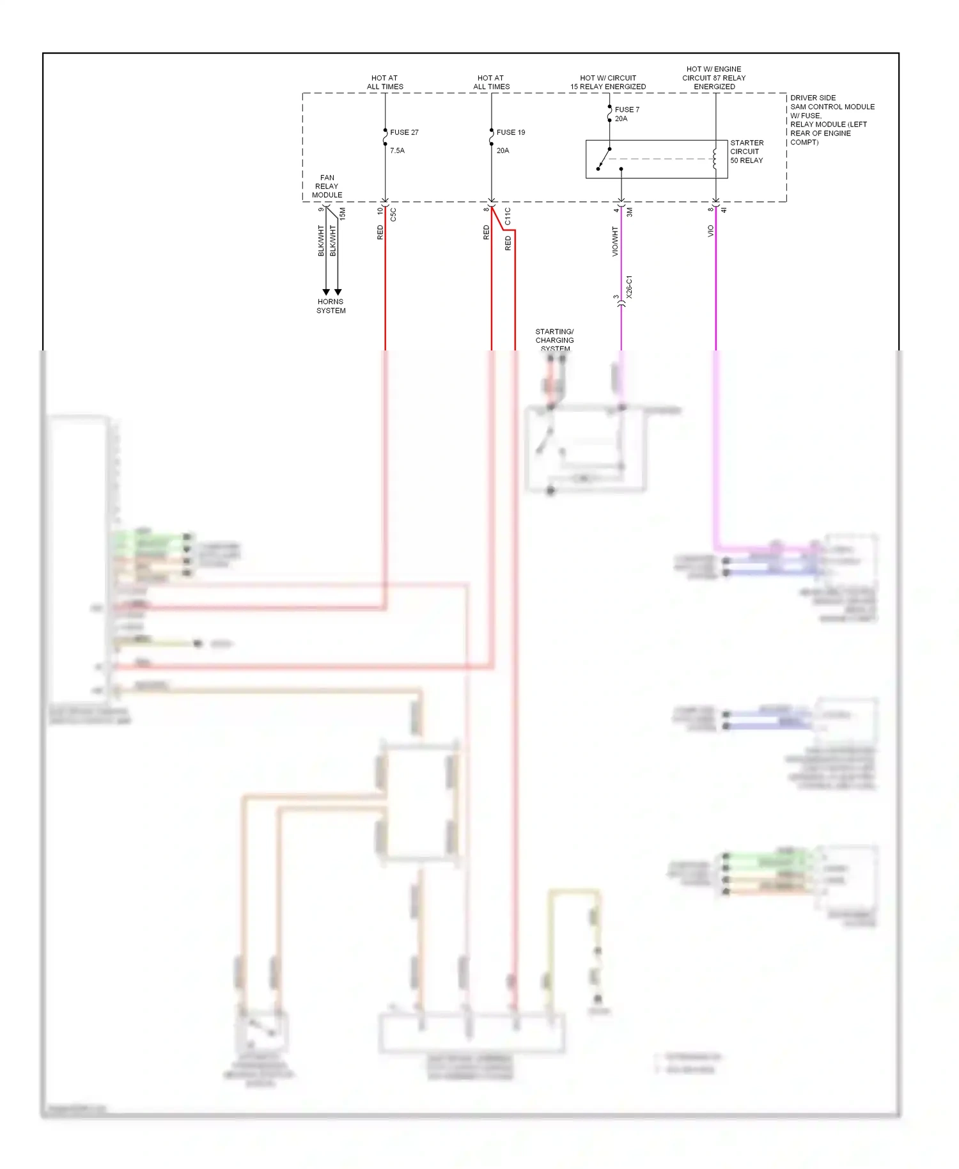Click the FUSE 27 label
pyautogui.click(x=404, y=132)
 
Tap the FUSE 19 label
pyautogui.click(x=510, y=132)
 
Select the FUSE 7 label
pyautogui.click(x=627, y=110)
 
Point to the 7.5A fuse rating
pyautogui.click(x=397, y=151)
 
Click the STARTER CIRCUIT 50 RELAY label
pyautogui.click(x=747, y=152)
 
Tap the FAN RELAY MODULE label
pyautogui.click(x=327, y=186)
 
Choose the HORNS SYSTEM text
pyautogui.click(x=331, y=306)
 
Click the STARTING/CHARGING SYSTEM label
pyautogui.click(x=554, y=340)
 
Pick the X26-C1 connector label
pyautogui.click(x=629, y=287)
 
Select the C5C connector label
pyautogui.click(x=393, y=215)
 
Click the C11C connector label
pyautogui.click(x=508, y=216)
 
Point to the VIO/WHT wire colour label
pyautogui.click(x=615, y=241)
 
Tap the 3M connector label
pyautogui.click(x=629, y=212)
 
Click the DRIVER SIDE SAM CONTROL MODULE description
pyautogui.click(x=831, y=120)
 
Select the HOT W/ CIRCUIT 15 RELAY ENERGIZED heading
pyautogui.click(x=607, y=82)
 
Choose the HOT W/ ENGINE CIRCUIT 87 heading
pyautogui.click(x=713, y=78)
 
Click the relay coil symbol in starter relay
pyautogui.click(x=714, y=159)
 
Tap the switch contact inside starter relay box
pyautogui.click(x=604, y=159)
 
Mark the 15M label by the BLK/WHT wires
pyautogui.click(x=342, y=214)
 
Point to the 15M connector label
pyautogui.click(x=342, y=214)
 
